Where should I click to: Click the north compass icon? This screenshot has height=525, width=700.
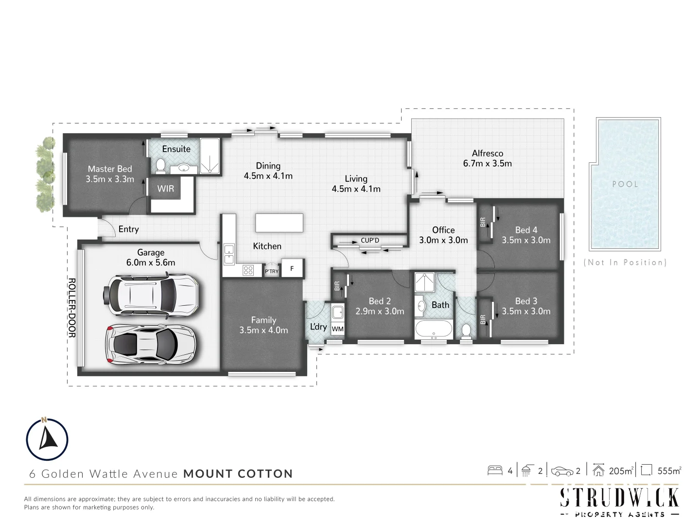pos(47,439)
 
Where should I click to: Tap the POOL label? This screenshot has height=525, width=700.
pos(625,184)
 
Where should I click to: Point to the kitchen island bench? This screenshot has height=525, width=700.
pos(279,223)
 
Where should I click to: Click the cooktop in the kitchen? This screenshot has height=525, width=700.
pos(247,270)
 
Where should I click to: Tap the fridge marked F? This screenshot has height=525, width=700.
pos(292,268)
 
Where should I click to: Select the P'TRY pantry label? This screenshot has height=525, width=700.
pos(271,271)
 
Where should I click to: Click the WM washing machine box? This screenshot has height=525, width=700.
pos(337,329)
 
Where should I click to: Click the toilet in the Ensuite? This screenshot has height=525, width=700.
pos(160,167)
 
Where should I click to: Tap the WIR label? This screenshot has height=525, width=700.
pos(165,189)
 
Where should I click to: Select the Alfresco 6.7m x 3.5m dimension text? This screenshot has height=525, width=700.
pos(487,164)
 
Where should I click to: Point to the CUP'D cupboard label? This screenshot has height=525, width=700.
pos(370,240)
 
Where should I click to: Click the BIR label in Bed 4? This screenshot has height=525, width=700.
pos(483,222)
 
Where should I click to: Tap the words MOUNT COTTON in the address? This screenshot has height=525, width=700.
pos(238,474)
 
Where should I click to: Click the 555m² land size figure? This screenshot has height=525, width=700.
pos(669,471)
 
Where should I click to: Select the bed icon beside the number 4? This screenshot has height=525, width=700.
pos(495,471)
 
